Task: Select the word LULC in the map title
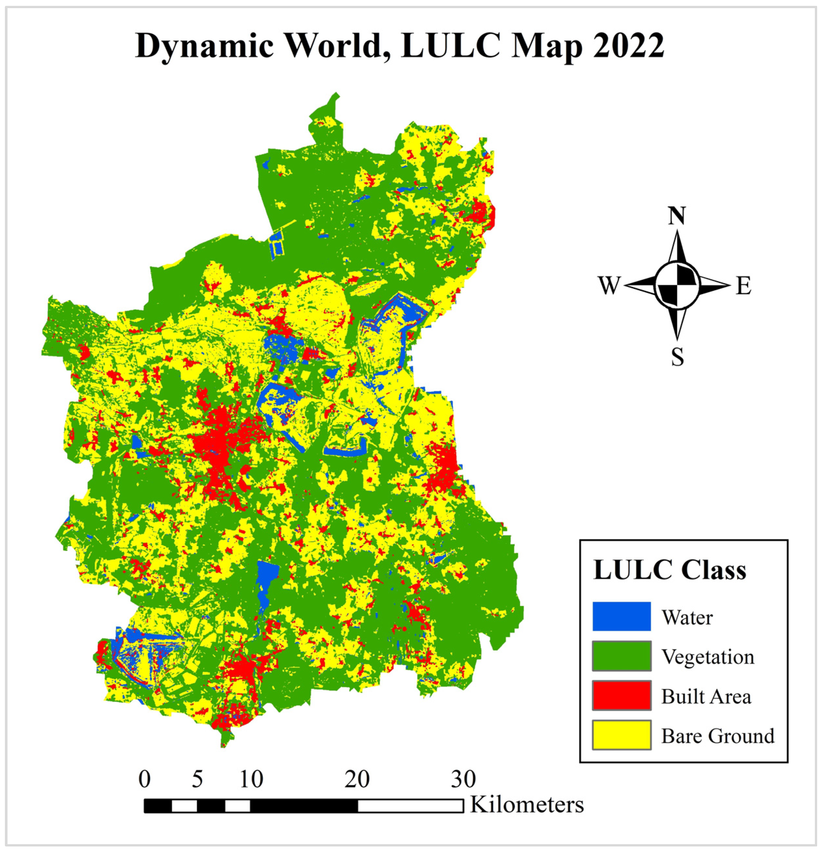click(451, 46)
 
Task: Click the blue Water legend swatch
click(621, 616)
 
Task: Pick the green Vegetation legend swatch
click(621, 656)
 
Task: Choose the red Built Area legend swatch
click(621, 696)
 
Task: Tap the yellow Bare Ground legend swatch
click(621, 736)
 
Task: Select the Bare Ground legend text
click(717, 736)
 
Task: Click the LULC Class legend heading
click(669, 570)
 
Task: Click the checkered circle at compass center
click(677, 285)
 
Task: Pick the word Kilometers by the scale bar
click(527, 805)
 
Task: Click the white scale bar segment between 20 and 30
click(411, 806)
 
